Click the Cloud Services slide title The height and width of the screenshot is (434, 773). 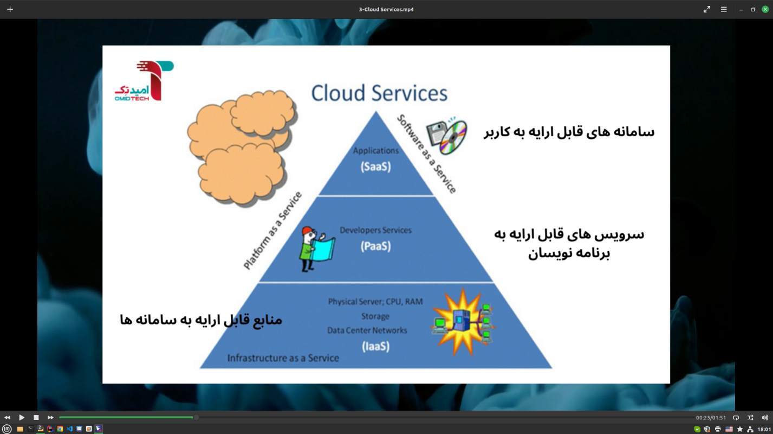click(x=379, y=93)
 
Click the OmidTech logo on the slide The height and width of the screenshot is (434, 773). click(x=144, y=81)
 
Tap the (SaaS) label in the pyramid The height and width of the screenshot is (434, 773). click(x=375, y=167)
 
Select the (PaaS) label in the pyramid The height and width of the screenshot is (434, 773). click(x=375, y=246)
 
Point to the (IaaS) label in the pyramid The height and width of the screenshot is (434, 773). click(x=375, y=346)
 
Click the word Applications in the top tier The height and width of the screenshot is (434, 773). click(x=375, y=151)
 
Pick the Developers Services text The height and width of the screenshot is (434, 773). click(x=375, y=230)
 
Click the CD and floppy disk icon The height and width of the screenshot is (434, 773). click(x=446, y=136)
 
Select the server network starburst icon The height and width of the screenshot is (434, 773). click(x=464, y=322)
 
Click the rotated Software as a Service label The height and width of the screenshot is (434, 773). click(x=426, y=154)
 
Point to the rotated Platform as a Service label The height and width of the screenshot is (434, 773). click(x=272, y=231)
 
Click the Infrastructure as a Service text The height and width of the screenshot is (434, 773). click(x=283, y=358)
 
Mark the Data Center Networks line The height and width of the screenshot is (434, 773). click(x=367, y=330)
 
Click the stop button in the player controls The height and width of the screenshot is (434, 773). click(x=36, y=417)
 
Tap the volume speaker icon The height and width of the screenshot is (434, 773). click(x=764, y=417)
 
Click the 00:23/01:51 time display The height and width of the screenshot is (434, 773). click(x=711, y=418)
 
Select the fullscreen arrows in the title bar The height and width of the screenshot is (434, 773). click(x=706, y=9)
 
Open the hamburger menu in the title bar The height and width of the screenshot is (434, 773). click(x=723, y=9)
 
